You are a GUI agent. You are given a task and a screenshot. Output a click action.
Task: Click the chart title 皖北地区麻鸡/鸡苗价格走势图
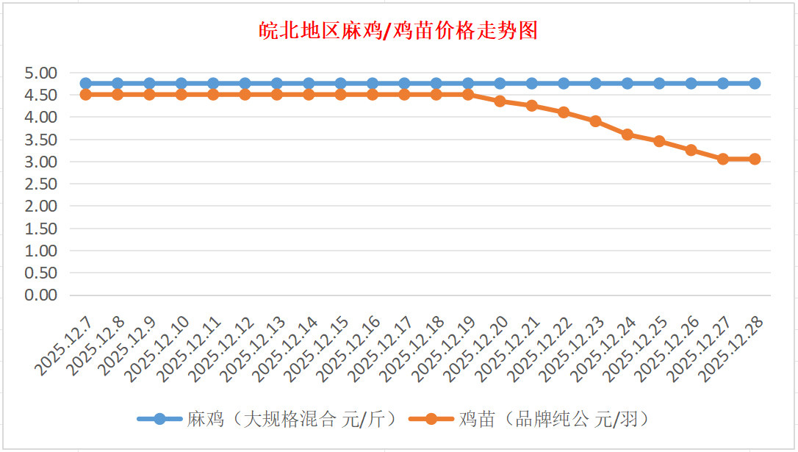[399, 31]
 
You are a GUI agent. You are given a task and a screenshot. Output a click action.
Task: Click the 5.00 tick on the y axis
[41, 73]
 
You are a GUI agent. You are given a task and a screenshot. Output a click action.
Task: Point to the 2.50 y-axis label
[41, 184]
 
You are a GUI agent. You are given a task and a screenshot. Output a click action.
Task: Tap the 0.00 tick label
[41, 295]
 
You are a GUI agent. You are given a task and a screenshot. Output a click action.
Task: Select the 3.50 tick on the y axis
[41, 140]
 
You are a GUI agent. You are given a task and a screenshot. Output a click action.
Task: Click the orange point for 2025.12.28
[755, 159]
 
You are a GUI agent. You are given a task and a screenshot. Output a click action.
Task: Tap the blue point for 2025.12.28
[755, 83]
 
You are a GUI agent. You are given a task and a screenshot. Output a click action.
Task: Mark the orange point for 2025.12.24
[628, 134]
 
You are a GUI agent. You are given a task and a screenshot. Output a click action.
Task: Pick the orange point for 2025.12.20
[500, 101]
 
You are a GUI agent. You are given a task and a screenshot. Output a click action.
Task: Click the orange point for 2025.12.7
[85, 95]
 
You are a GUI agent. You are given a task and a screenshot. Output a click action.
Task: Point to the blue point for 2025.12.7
[85, 83]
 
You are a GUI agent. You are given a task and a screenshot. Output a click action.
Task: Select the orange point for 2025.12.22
[564, 112]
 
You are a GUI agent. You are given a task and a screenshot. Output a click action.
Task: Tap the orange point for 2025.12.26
[691, 150]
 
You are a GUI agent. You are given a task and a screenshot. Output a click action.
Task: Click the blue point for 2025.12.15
[340, 83]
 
